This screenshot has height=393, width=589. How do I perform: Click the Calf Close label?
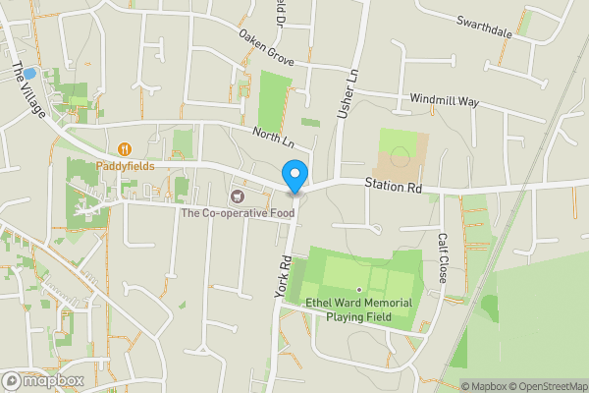(443, 258)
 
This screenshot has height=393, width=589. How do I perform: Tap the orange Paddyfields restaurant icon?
(125, 149)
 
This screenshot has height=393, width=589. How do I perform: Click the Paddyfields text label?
(125, 166)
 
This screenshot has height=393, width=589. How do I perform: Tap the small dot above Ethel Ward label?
(359, 289)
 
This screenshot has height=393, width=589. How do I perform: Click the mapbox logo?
(43, 380)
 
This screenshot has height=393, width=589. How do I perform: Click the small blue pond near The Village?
(29, 73)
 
